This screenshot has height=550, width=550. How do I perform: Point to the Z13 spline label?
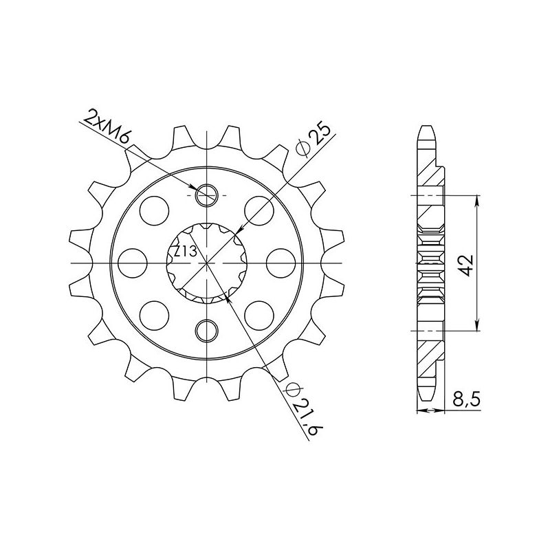click(184, 252)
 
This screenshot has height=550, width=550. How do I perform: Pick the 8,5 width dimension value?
click(467, 399)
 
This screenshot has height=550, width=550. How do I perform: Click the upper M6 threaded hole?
click(207, 197)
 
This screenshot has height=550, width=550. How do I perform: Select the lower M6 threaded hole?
click(207, 331)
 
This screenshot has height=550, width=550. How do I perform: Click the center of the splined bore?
click(207, 264)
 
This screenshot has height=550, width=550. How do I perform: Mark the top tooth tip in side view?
click(428, 129)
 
